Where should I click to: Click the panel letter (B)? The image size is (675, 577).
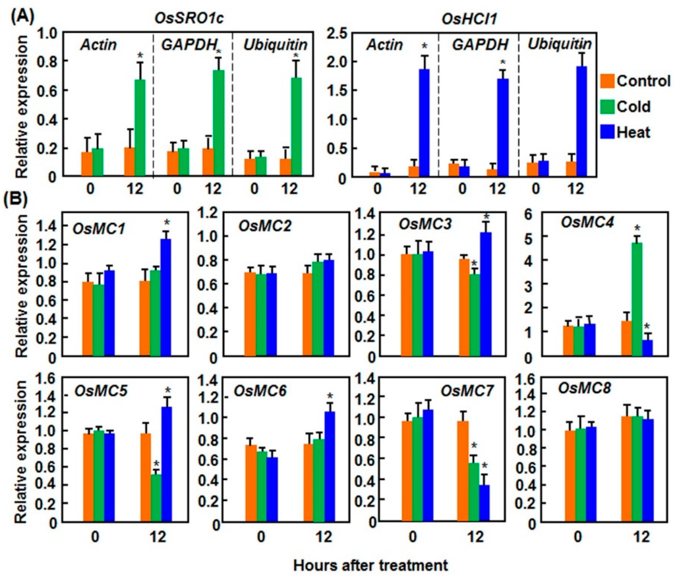(x=20, y=198)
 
